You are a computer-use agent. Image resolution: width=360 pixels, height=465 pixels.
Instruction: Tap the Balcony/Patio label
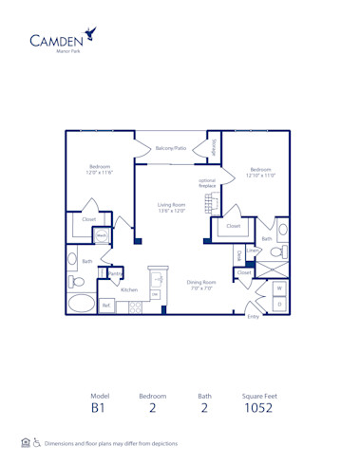coord(171,148)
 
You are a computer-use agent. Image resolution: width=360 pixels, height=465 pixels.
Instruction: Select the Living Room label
coord(171,207)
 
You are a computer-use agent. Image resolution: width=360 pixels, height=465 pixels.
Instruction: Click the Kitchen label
coord(129,289)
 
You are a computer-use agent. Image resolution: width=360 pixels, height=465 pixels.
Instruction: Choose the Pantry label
coord(114,273)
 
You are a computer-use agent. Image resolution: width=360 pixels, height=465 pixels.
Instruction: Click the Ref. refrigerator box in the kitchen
coord(106,306)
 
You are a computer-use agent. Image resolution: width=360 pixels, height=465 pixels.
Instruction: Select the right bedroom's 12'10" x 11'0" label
coord(259,173)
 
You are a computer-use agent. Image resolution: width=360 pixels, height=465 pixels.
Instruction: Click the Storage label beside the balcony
coord(214,148)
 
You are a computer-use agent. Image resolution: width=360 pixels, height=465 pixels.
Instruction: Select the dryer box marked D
coord(279,303)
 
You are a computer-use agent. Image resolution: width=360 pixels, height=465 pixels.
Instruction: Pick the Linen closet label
coord(252,251)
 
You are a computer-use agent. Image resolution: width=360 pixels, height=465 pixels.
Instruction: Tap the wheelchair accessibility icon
coord(37,442)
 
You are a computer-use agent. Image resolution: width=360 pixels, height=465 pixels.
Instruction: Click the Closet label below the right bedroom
coord(233,226)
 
